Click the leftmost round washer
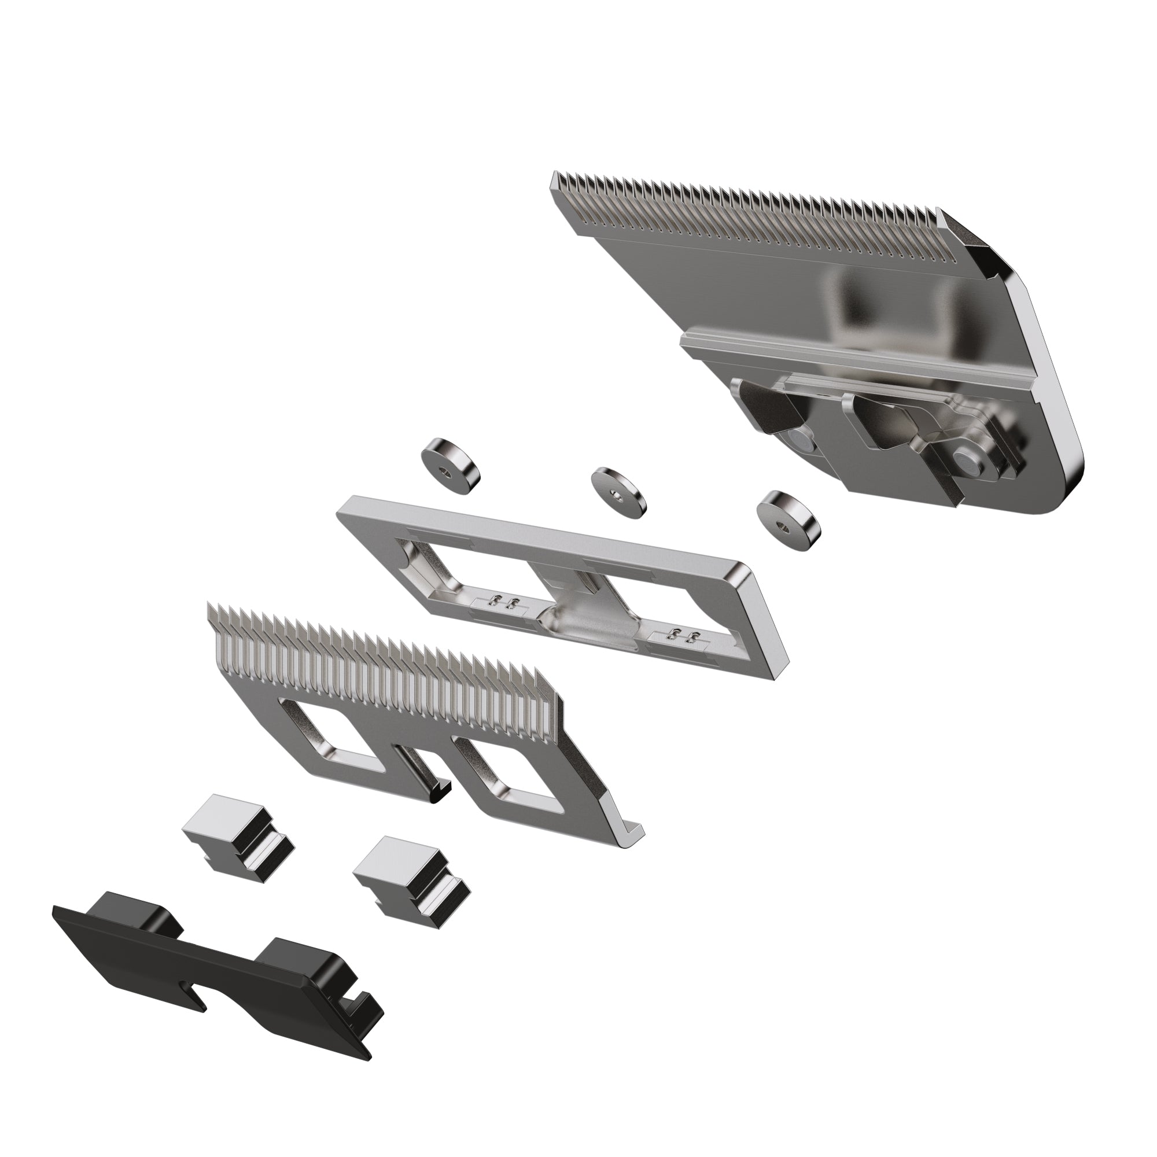tap(450, 467)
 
